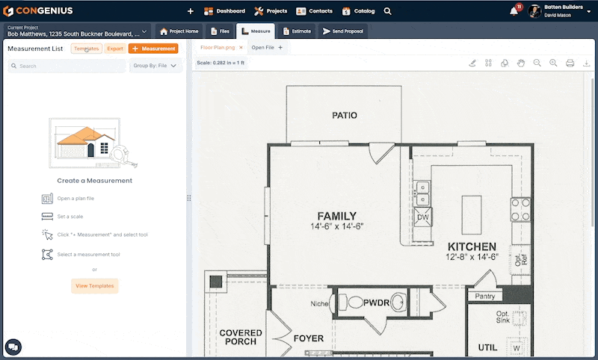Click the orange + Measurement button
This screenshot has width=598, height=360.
point(153,49)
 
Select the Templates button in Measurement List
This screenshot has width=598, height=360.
point(87,49)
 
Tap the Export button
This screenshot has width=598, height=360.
point(114,49)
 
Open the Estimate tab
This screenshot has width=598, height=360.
point(297,31)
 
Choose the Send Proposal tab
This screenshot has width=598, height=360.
point(343,31)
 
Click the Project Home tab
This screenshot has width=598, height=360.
point(179,31)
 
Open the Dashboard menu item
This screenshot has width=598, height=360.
point(224,11)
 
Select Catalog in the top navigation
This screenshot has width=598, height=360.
point(358,11)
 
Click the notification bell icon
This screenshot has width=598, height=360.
point(514,11)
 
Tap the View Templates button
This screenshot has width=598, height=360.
point(95,285)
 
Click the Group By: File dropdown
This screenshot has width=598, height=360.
point(155,66)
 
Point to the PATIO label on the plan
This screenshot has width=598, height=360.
point(345,116)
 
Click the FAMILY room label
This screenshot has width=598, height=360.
point(337,216)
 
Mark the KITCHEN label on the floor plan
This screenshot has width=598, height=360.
point(472,246)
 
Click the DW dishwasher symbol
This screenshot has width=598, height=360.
point(423,217)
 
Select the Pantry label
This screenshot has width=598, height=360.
point(485,297)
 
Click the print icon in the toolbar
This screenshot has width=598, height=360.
point(570,63)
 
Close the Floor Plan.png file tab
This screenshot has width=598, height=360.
point(241,47)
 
